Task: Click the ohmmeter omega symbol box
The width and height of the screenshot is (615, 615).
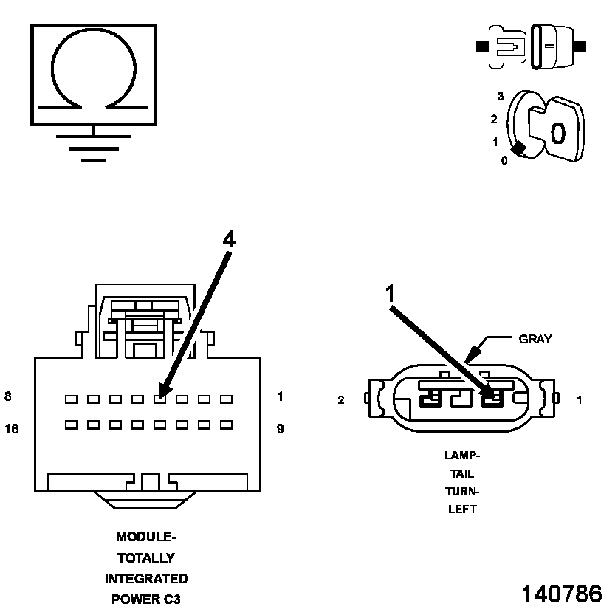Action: [93, 74]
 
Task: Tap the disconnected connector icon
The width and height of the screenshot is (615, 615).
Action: [532, 47]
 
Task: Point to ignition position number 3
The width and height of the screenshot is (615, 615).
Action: [501, 97]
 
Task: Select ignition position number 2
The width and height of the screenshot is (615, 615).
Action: [494, 119]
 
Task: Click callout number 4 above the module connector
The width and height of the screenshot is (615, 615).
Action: [229, 239]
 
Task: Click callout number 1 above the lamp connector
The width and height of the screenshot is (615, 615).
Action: [391, 293]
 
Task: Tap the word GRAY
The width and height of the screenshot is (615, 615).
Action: [535, 340]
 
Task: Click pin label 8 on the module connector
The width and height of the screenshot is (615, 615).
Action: [8, 396]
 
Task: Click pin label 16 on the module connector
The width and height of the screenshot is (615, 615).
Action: [12, 428]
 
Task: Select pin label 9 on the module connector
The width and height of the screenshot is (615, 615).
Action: [280, 428]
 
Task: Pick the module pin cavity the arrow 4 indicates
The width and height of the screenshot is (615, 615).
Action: [159, 399]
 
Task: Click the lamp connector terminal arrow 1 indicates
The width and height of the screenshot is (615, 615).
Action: [491, 400]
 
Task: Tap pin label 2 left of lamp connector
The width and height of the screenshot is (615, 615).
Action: [341, 401]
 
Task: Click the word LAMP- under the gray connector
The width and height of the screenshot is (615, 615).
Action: [462, 456]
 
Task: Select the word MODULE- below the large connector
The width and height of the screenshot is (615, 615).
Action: [146, 537]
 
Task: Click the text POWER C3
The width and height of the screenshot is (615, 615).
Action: [146, 599]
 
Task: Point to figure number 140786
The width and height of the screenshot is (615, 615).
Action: [561, 594]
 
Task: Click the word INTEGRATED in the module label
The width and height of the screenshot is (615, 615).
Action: [146, 578]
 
